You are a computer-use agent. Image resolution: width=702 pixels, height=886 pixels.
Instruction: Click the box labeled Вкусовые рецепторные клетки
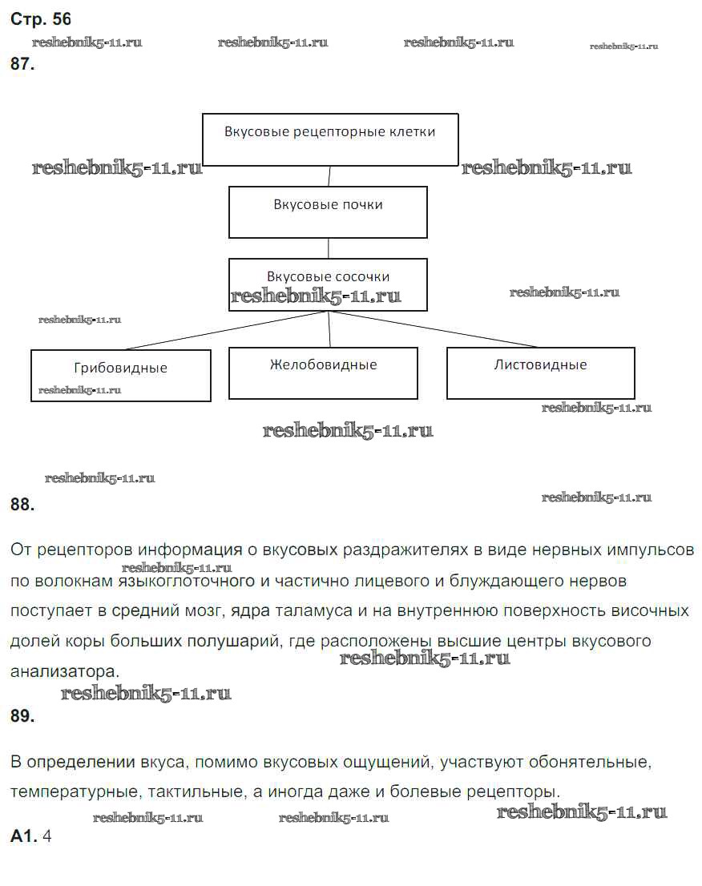coord(329,139)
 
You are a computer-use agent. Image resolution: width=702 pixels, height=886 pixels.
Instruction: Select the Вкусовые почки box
coord(328,212)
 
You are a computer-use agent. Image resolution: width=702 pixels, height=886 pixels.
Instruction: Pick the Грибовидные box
coord(120,375)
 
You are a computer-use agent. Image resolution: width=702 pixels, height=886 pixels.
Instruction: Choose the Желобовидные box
coord(323,373)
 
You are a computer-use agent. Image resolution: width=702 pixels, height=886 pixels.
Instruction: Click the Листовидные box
coord(540,373)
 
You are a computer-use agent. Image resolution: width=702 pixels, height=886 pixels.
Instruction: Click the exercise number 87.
coord(22,65)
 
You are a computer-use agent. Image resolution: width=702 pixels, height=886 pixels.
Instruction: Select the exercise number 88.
coord(22,504)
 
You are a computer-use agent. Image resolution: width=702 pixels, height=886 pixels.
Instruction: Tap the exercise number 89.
coord(22,716)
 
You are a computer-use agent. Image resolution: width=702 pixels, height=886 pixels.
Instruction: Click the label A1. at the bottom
coord(23,836)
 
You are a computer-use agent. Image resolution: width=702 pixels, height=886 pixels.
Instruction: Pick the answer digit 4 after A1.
coord(46,836)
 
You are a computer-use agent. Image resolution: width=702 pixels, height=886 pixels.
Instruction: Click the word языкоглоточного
coord(187,580)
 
